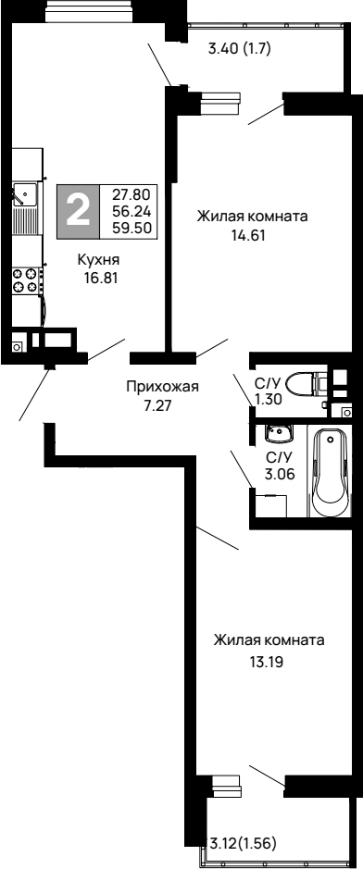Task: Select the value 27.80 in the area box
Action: click(x=132, y=194)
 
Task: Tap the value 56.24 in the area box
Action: click(x=132, y=209)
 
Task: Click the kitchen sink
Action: click(x=23, y=195)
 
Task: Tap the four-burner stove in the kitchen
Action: click(x=25, y=280)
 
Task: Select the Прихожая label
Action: click(x=163, y=387)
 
